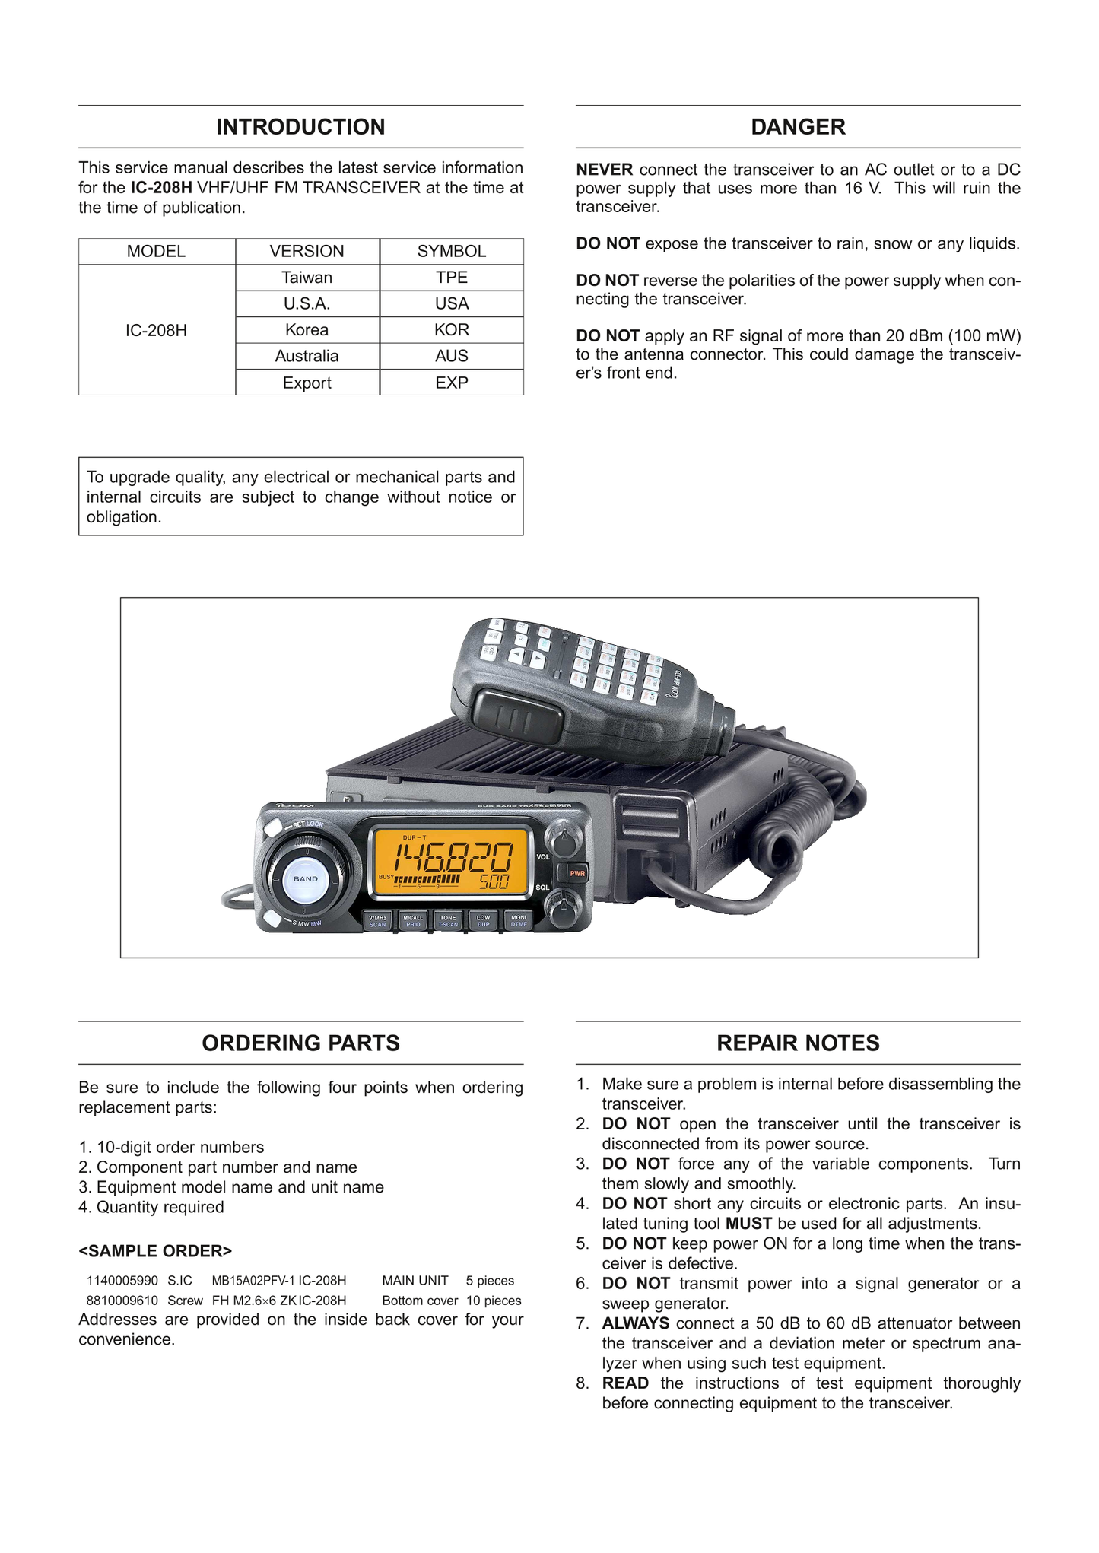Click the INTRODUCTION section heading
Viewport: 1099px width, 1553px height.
[x=300, y=127]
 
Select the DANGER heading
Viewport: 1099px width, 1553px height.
[x=798, y=127]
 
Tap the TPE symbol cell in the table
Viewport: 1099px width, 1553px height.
[x=452, y=278]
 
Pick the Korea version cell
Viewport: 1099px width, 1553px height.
[x=307, y=330]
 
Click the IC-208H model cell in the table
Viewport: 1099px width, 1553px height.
[x=157, y=330]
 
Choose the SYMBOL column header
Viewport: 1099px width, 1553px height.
[x=452, y=251]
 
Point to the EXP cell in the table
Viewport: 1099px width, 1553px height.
[x=452, y=383]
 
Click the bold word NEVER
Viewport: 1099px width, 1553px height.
[x=604, y=170]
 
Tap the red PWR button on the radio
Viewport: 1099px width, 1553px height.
[x=577, y=873]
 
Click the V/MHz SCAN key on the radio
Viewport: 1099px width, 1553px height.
[x=377, y=921]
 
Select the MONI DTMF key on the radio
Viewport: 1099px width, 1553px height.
[x=519, y=921]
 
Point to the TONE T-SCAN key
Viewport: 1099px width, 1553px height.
[x=448, y=921]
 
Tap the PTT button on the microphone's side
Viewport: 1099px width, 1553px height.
[x=517, y=716]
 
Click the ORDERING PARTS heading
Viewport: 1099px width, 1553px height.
[x=300, y=1043]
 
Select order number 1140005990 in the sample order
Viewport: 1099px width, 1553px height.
[x=122, y=1281]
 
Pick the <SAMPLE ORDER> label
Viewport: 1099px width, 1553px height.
[x=155, y=1251]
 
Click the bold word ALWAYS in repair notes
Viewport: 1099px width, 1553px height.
[x=636, y=1324]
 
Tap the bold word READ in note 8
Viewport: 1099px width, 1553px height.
[x=625, y=1383]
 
